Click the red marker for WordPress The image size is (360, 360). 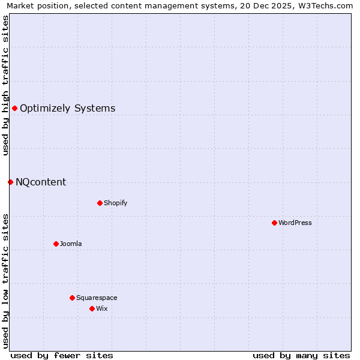(274, 223)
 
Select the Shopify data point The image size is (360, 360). (100, 203)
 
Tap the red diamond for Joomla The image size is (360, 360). (56, 244)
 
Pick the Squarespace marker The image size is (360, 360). (72, 298)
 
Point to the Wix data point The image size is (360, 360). (92, 308)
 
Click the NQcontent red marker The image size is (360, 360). (10, 182)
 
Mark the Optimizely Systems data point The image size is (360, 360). (14, 108)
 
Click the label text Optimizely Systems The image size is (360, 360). (67, 109)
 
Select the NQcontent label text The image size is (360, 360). (41, 182)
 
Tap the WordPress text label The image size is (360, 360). (295, 223)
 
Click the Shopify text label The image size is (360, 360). (115, 203)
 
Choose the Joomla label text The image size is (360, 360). (71, 244)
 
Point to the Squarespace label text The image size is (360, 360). (97, 298)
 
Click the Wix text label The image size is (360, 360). (101, 308)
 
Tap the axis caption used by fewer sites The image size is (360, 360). (62, 355)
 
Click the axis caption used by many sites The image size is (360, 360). (301, 355)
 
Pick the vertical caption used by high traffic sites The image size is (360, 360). (5, 85)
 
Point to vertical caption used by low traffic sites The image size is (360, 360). (5, 280)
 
